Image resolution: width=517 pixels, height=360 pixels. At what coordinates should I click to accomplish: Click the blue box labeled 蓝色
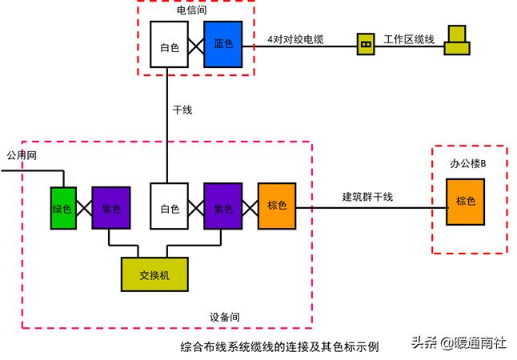tap(222, 44)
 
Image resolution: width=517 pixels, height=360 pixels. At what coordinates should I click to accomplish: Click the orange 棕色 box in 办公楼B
tap(465, 202)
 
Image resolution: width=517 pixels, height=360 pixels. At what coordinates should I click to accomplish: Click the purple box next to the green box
tap(111, 208)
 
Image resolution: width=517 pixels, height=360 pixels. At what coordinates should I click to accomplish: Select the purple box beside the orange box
tap(222, 207)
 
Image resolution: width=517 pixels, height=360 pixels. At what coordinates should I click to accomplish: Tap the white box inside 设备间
tap(168, 207)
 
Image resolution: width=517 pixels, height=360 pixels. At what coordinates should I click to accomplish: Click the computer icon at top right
tap(459, 40)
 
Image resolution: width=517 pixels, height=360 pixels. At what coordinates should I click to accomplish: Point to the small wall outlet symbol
tap(366, 45)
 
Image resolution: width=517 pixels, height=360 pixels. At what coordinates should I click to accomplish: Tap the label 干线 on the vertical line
tap(182, 109)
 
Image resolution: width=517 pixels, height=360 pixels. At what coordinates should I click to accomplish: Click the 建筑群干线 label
tap(367, 197)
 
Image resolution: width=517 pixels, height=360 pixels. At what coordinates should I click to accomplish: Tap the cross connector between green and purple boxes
tap(82, 208)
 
